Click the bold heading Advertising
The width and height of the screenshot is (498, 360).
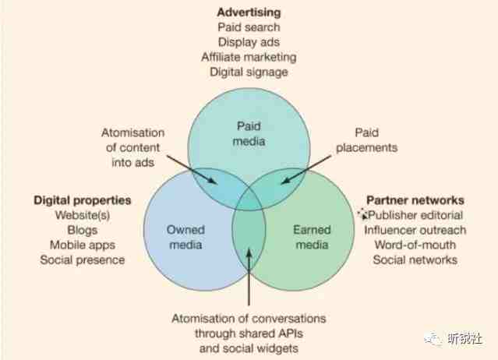pos(249,12)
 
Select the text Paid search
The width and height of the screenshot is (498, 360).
pos(249,27)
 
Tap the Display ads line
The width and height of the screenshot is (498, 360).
pos(249,42)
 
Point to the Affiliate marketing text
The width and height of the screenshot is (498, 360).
pos(249,57)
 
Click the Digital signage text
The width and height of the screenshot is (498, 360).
pos(249,72)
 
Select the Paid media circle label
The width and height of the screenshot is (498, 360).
pos(249,134)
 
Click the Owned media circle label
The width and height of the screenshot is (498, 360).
pos(185,237)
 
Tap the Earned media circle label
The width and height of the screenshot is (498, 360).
pos(313,237)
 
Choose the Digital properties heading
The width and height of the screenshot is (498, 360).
pos(83,200)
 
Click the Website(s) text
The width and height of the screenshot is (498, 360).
pos(83,215)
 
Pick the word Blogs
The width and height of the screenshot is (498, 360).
pos(83,230)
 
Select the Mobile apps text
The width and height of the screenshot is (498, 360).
pos(83,245)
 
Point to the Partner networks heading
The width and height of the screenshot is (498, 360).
pos(415,200)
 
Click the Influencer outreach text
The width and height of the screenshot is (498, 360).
pos(415,230)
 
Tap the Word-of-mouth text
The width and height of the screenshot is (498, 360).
pos(415,245)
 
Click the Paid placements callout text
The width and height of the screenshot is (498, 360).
pos(367,140)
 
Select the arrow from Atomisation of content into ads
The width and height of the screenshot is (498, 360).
pos(192,170)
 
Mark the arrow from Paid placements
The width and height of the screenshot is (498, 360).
pos(306,170)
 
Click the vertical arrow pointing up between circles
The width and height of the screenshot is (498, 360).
pos(249,277)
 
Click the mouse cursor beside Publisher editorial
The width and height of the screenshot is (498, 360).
pos(363,214)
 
